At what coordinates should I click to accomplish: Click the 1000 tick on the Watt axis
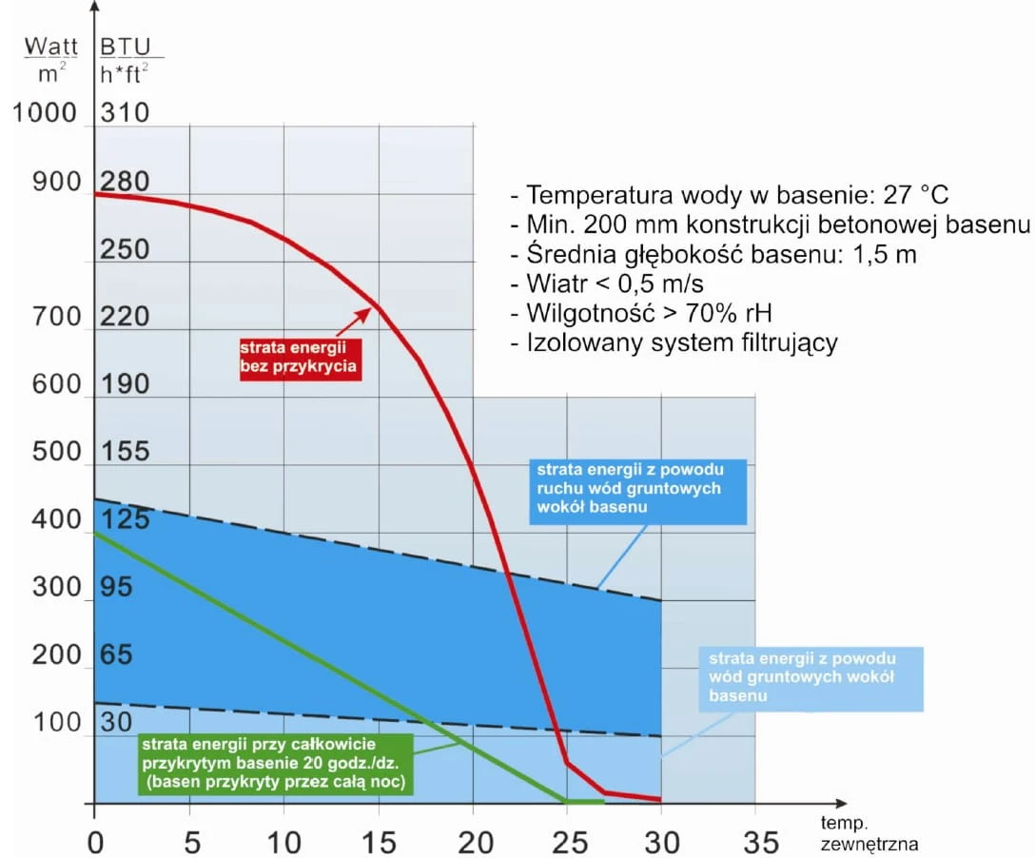[x=44, y=113]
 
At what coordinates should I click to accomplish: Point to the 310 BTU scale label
[x=125, y=113]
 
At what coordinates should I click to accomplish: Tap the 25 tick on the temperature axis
[x=566, y=842]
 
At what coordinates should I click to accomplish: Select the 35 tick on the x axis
[x=755, y=842]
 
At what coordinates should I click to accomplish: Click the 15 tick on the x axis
[x=378, y=842]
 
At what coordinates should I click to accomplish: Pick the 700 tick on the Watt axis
[x=57, y=317]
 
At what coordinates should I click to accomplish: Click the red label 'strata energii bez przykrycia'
[x=301, y=357]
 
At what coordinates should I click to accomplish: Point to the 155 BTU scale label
[x=125, y=452]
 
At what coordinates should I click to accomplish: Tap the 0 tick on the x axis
[x=94, y=842]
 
